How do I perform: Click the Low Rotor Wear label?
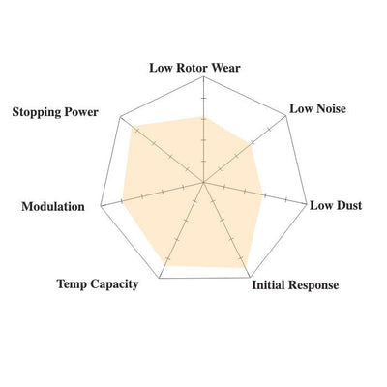click(x=194, y=68)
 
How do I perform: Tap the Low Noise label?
click(x=317, y=108)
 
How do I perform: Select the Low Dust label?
click(x=336, y=205)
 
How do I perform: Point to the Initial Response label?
click(x=295, y=285)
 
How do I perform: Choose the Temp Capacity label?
click(x=98, y=284)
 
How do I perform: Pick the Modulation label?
click(x=53, y=206)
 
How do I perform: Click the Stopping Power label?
click(x=55, y=112)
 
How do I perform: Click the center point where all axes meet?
click(x=203, y=183)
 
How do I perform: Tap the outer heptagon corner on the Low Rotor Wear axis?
click(x=204, y=76)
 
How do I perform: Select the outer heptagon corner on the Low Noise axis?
click(x=286, y=116)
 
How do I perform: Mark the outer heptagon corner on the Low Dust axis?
click(x=306, y=203)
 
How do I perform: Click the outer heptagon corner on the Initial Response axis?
click(x=251, y=278)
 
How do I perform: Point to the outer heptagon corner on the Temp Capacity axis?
click(x=159, y=278)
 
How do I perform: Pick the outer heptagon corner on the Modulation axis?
click(x=101, y=205)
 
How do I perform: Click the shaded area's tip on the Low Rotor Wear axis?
click(x=203, y=117)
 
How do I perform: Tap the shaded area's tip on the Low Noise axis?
click(x=252, y=144)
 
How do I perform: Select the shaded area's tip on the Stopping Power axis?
click(x=133, y=125)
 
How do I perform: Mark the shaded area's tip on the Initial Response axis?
click(x=245, y=267)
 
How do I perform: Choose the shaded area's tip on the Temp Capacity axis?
click(x=164, y=265)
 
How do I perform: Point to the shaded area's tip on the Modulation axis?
click(x=123, y=201)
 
